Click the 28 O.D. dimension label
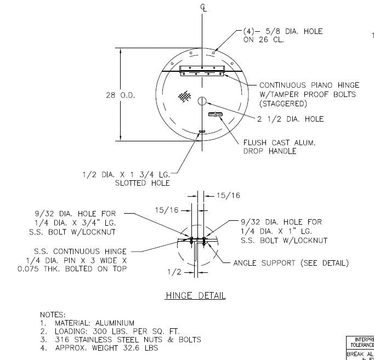point(120,95)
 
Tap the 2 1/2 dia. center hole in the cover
point(202,101)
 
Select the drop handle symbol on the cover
point(216,114)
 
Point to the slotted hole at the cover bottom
point(202,132)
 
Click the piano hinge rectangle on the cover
point(202,70)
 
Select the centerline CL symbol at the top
point(203,7)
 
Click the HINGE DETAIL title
point(196,296)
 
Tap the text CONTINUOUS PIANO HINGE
point(309,85)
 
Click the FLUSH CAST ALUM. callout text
point(280,142)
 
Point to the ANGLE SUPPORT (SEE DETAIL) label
point(291,263)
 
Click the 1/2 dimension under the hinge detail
point(173,272)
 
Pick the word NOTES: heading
point(53,315)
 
